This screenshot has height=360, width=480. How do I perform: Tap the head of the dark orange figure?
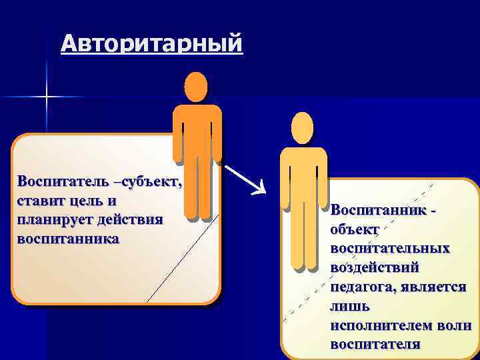pyautogui.click(x=195, y=87)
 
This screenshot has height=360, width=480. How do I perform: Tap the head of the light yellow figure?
pyautogui.click(x=302, y=128)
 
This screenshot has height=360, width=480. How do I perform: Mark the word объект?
pyautogui.click(x=355, y=228)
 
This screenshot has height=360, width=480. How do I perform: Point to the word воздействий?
pyautogui.click(x=375, y=267)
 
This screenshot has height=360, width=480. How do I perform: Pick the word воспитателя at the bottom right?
pyautogui.click(x=375, y=344)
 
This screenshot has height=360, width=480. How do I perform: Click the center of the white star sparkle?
pyautogui.click(x=47, y=97)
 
